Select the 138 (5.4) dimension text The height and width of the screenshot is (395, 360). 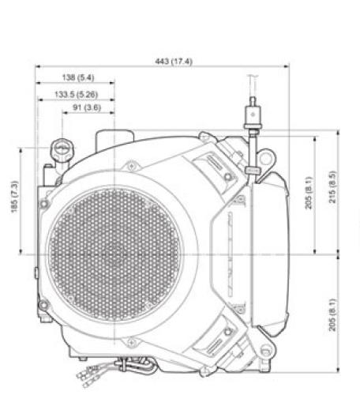[77, 77]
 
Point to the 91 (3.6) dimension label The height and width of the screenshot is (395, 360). [86, 107]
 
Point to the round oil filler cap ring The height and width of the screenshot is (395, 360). [61, 148]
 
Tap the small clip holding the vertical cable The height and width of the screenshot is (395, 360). [251, 171]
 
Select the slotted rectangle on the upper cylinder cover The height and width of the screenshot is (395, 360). [216, 164]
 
